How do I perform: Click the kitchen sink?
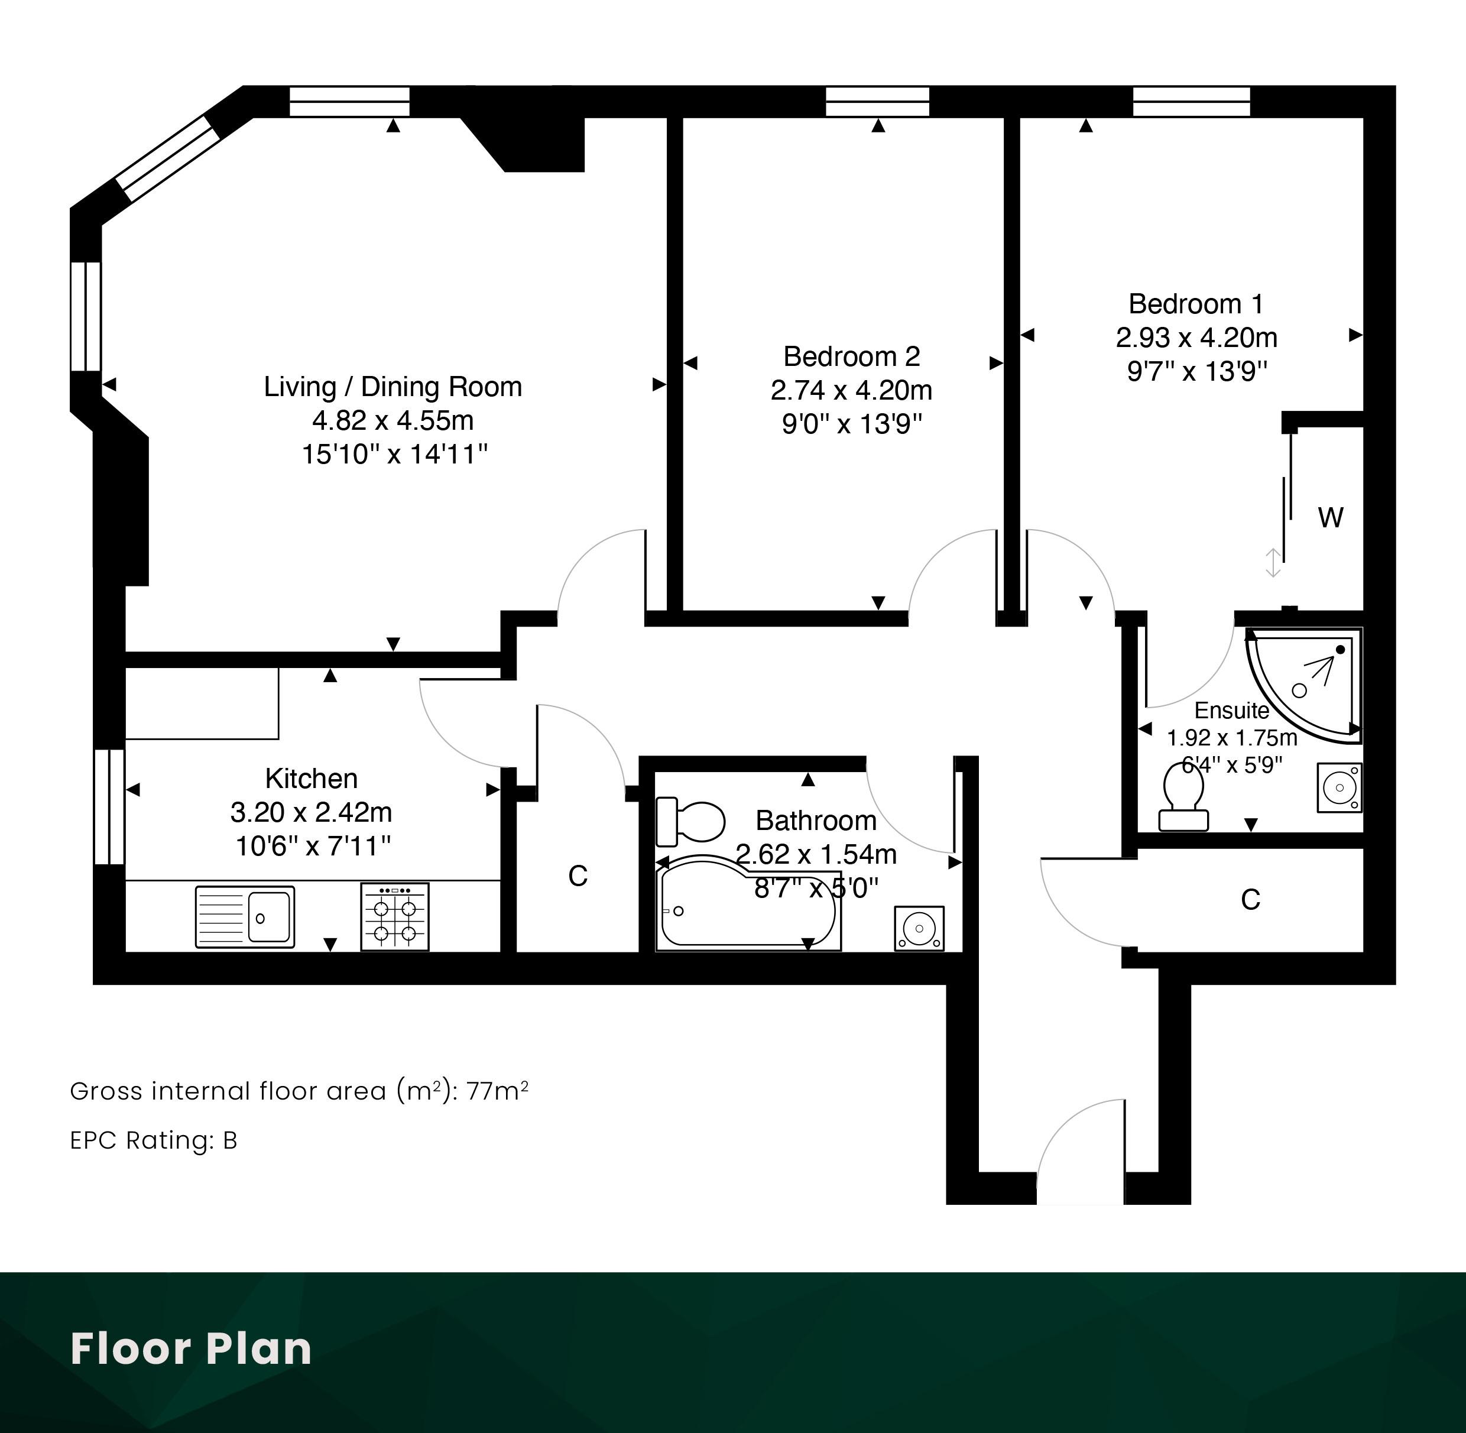click(x=245, y=917)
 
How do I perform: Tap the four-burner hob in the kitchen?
click(x=395, y=917)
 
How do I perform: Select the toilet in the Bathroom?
click(x=690, y=821)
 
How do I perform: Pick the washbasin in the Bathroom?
click(x=919, y=929)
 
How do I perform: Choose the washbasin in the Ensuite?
click(x=1339, y=788)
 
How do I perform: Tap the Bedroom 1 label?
click(x=1196, y=303)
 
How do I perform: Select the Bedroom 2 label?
click(x=851, y=356)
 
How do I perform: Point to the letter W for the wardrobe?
click(x=1331, y=518)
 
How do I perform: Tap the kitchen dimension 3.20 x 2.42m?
click(x=311, y=813)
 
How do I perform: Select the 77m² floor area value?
click(x=498, y=1091)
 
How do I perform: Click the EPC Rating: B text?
click(x=154, y=1141)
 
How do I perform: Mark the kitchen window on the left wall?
click(x=109, y=806)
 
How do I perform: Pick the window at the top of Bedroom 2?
click(x=877, y=102)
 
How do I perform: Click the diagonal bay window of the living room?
click(x=167, y=158)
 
